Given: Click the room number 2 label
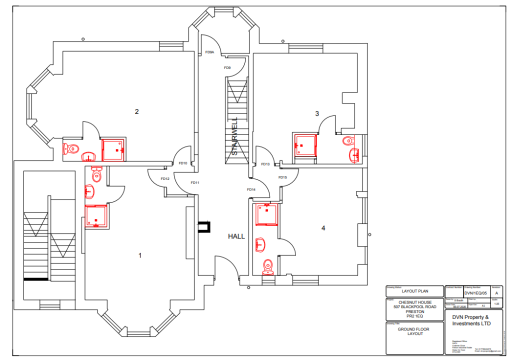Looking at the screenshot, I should click(136, 111).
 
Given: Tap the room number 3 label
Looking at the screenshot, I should click(317, 113).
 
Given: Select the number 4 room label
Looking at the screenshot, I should click(323, 228).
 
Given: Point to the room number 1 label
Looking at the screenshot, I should click(140, 255).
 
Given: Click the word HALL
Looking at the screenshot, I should click(236, 236).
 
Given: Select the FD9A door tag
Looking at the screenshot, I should click(209, 52).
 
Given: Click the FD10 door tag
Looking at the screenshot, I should click(182, 163).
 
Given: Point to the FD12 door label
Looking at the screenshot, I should click(165, 179).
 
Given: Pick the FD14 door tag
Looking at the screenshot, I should click(251, 189).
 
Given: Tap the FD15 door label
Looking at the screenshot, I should click(282, 177).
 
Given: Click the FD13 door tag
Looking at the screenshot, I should click(265, 164).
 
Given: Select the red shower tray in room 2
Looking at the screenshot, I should click(113, 149).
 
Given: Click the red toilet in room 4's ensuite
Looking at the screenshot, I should click(268, 265).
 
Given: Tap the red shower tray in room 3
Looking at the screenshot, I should click(304, 145).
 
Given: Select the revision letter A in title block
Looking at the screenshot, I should click(496, 293).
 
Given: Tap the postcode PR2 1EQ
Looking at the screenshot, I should click(414, 316).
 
